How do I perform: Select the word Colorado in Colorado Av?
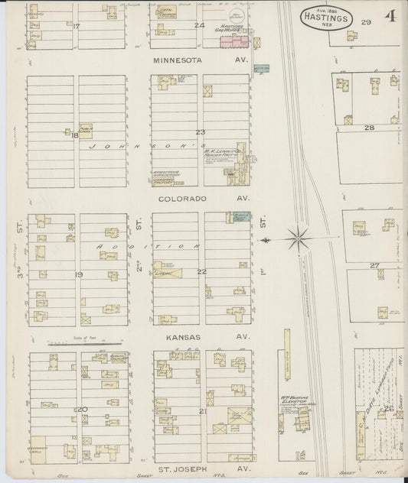(x=177, y=198)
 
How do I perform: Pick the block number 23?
(x=201, y=132)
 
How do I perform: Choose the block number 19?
(x=78, y=273)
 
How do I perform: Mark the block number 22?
(x=201, y=271)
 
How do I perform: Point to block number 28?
(x=368, y=128)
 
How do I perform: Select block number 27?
(x=374, y=265)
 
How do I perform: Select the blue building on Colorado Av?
(x=240, y=217)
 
